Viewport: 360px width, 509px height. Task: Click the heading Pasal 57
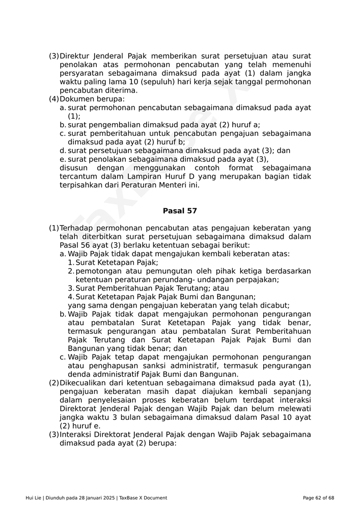click(180, 211)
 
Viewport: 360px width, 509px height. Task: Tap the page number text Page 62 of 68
click(318, 498)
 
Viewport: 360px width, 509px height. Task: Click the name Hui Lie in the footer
click(34, 498)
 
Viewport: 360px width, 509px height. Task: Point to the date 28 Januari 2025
click(96, 498)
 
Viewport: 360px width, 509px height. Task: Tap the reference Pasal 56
click(74, 245)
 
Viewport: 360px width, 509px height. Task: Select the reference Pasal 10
click(276, 417)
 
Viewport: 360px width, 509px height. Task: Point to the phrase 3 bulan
click(119, 417)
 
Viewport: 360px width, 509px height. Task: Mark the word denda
click(78, 374)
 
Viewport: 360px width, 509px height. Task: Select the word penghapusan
click(114, 365)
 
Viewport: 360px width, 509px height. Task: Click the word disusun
click(73, 168)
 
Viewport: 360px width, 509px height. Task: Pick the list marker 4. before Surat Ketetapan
click(71, 297)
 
